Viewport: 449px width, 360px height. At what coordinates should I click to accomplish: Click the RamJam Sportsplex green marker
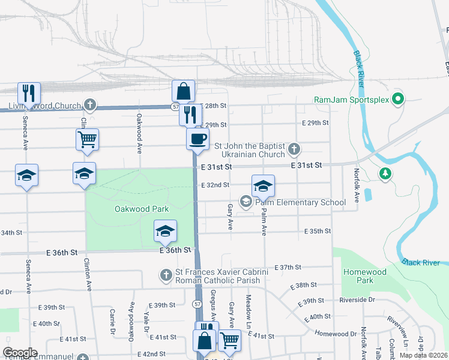pyautogui.click(x=397, y=99)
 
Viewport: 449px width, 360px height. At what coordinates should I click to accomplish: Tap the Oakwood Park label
pyautogui.click(x=142, y=209)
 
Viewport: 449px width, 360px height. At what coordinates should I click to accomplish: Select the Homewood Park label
pyautogui.click(x=364, y=276)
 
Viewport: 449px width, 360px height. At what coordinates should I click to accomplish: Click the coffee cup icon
pyautogui.click(x=197, y=140)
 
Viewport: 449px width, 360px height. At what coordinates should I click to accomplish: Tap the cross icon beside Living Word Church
pyautogui.click(x=90, y=106)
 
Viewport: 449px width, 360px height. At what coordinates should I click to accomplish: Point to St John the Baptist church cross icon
pyautogui.click(x=294, y=148)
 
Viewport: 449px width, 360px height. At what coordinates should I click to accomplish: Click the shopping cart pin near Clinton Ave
pyautogui.click(x=87, y=140)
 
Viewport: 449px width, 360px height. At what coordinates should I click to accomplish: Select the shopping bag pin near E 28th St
pyautogui.click(x=184, y=92)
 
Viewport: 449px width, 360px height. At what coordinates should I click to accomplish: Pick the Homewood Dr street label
pyautogui.click(x=336, y=334)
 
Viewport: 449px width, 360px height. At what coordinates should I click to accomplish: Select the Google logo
pyautogui.click(x=20, y=353)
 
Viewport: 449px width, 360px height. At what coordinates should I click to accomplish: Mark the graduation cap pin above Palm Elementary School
pyautogui.click(x=263, y=187)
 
